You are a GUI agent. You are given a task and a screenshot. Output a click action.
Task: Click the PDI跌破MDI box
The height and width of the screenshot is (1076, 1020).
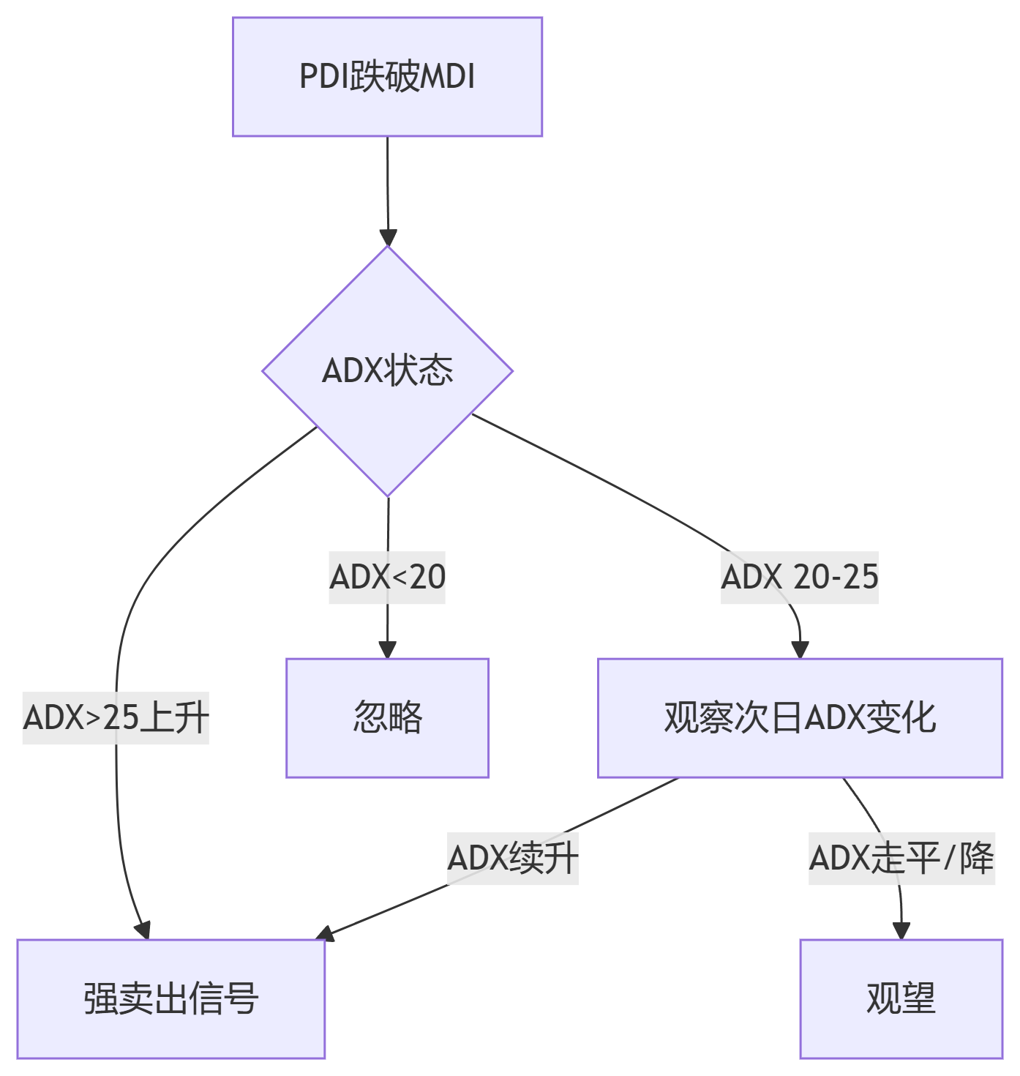pos(387,77)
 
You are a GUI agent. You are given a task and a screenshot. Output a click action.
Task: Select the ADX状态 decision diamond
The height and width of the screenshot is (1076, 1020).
pos(387,371)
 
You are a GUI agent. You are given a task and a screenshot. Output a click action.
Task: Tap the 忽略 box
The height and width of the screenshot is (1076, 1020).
pos(387,717)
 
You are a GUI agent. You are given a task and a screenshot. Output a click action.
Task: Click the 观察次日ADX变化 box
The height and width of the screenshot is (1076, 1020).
pos(800,717)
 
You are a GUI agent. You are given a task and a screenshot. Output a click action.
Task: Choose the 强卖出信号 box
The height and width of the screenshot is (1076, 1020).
pos(170,998)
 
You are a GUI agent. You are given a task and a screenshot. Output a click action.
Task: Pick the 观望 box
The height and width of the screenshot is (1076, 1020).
pos(901,998)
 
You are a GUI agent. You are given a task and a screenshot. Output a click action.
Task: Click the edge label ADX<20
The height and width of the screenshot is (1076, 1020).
pos(387,578)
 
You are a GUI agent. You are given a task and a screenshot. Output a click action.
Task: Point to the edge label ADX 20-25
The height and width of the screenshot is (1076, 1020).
pos(800,578)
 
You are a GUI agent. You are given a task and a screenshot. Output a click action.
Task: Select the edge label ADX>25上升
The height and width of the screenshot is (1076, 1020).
pos(116,718)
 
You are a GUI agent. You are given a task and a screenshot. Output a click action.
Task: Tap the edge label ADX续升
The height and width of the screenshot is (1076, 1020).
pos(513,859)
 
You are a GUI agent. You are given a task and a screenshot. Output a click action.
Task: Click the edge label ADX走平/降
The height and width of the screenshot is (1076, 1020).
pos(901,859)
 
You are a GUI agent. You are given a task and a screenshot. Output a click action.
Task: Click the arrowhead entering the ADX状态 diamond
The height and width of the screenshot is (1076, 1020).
pos(388,239)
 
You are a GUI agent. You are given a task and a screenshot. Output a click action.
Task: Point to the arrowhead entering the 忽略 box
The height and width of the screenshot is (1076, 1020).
pos(387,650)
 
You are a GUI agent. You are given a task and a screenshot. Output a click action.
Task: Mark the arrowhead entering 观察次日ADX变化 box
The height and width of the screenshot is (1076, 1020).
pos(800,650)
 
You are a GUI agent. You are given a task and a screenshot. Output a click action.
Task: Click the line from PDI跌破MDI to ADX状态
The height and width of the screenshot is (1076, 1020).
pos(387,183)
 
